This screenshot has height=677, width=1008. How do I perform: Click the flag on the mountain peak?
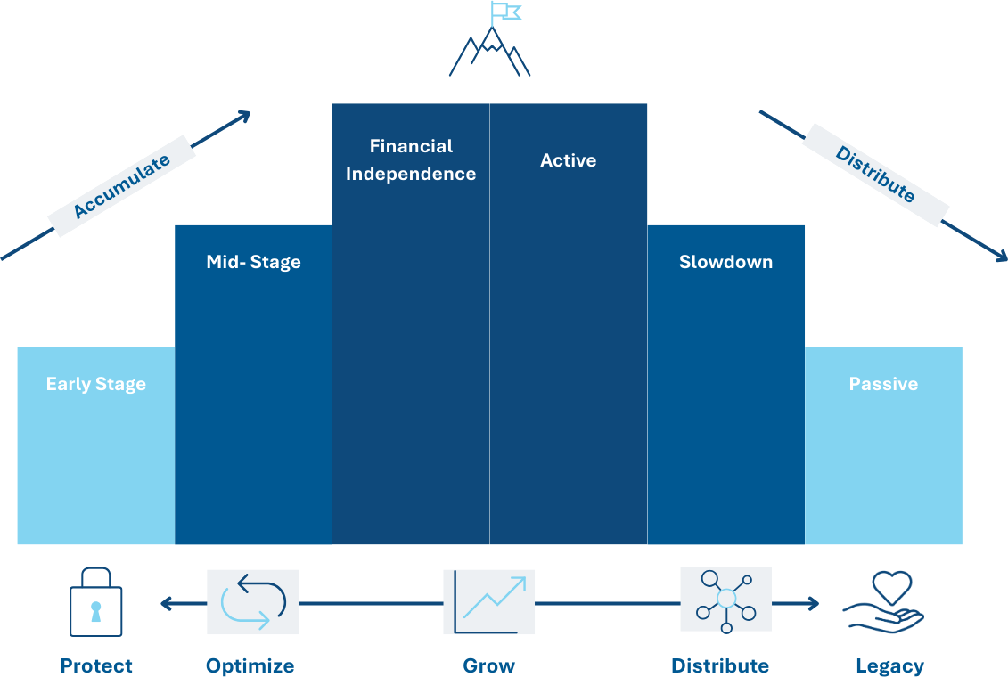(x=505, y=12)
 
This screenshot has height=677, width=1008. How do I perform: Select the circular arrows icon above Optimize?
(x=252, y=602)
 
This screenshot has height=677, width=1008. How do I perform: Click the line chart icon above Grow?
(x=489, y=602)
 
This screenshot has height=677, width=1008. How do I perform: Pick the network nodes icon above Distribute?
(x=725, y=600)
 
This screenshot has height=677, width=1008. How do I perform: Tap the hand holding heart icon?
(x=883, y=603)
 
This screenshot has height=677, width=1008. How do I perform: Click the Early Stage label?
(x=96, y=385)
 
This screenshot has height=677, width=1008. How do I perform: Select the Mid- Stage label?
(x=253, y=263)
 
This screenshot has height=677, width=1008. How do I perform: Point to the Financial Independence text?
(x=411, y=160)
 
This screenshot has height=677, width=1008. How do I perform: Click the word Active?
(x=568, y=161)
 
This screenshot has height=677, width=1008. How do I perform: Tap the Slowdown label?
(x=725, y=263)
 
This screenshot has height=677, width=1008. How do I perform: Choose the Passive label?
(x=883, y=385)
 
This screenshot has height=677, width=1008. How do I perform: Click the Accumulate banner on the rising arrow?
(x=121, y=186)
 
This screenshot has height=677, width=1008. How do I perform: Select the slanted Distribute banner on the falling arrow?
(x=875, y=175)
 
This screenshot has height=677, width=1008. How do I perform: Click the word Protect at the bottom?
(x=96, y=665)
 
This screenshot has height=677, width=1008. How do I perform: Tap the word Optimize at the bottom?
(x=250, y=665)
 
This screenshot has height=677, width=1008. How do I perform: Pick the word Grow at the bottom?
(x=489, y=665)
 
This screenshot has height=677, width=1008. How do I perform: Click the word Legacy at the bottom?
(x=889, y=665)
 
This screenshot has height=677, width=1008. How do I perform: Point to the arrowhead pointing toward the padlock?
(x=167, y=604)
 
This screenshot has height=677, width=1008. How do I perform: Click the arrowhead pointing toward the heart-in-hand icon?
(x=812, y=604)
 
